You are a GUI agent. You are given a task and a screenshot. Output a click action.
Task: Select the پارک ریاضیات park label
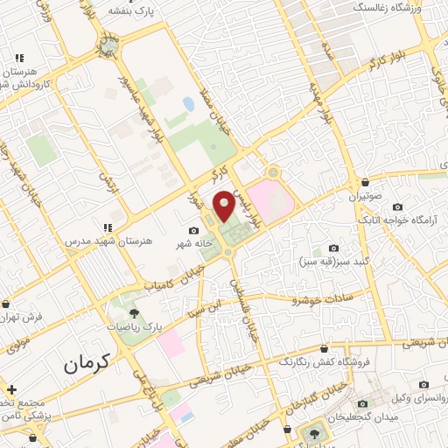(134, 325)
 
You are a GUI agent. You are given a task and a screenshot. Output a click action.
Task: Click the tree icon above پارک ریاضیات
(134, 311)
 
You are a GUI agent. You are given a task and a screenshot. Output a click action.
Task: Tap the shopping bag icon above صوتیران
(364, 182)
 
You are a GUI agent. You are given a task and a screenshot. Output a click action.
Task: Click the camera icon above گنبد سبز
(333, 248)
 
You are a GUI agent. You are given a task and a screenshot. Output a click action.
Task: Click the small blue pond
(188, 105)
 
